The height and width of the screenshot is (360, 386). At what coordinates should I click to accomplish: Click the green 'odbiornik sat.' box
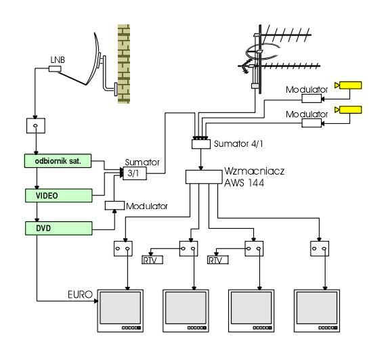point(58,161)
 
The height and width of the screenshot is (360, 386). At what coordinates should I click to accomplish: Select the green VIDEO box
point(59,196)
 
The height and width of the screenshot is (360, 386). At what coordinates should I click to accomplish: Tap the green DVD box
point(59,228)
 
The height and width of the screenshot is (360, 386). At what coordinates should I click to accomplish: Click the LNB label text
point(58,60)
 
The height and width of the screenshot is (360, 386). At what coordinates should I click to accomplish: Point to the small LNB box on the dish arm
point(55,68)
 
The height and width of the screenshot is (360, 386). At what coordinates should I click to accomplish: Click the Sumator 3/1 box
point(135,173)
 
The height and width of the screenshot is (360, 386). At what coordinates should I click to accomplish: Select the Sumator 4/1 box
point(201,144)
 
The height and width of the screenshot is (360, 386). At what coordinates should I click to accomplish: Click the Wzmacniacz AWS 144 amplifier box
point(204,177)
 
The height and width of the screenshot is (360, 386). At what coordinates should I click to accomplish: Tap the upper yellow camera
point(348,85)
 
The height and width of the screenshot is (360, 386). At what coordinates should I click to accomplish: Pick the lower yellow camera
point(348,110)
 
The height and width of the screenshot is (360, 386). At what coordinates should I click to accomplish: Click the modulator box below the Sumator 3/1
point(114,206)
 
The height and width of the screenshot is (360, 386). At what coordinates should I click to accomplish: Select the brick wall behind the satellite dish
point(124,64)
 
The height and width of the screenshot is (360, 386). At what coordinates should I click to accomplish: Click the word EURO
point(80,294)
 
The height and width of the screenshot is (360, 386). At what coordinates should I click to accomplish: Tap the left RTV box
point(152,260)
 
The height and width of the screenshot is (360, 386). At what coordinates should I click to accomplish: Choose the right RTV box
point(218,260)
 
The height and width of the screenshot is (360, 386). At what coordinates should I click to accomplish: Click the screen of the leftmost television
point(121,308)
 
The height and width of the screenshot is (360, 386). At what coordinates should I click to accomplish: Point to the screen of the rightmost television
point(317,308)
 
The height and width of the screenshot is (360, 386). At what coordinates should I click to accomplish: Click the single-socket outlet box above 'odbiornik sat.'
point(36,126)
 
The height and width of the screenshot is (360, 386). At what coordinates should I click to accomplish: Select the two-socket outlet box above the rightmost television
point(320,248)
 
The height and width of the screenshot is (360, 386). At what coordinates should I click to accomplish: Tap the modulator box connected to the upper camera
point(312,98)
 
